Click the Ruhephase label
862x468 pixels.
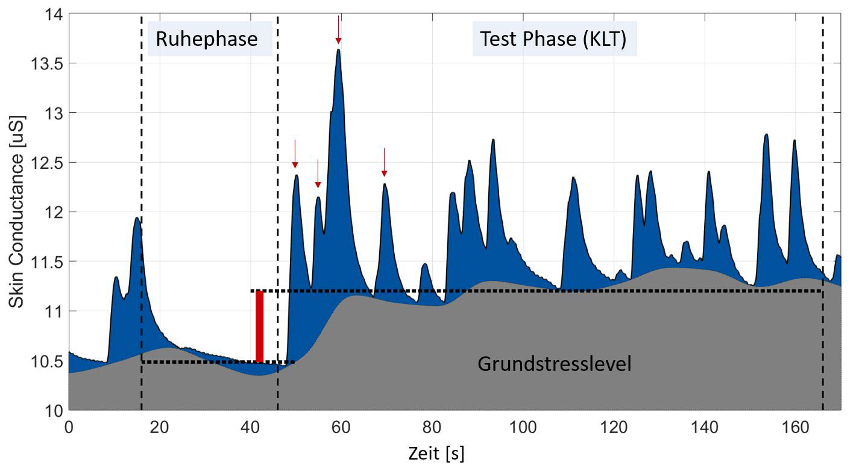click(x=207, y=39)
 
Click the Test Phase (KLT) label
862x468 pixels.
click(x=553, y=39)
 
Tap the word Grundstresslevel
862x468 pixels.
click(x=554, y=364)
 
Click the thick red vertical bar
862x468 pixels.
click(x=259, y=326)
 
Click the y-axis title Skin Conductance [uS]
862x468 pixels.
click(x=16, y=210)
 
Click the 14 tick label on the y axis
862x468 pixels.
click(x=52, y=14)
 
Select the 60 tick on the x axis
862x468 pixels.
click(x=341, y=427)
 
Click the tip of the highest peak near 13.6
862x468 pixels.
click(x=339, y=50)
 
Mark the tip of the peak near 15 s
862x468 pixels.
click(x=137, y=218)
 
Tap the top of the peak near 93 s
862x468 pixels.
click(x=493, y=140)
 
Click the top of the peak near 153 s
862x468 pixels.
click(x=766, y=135)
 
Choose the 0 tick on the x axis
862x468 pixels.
click(x=69, y=427)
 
